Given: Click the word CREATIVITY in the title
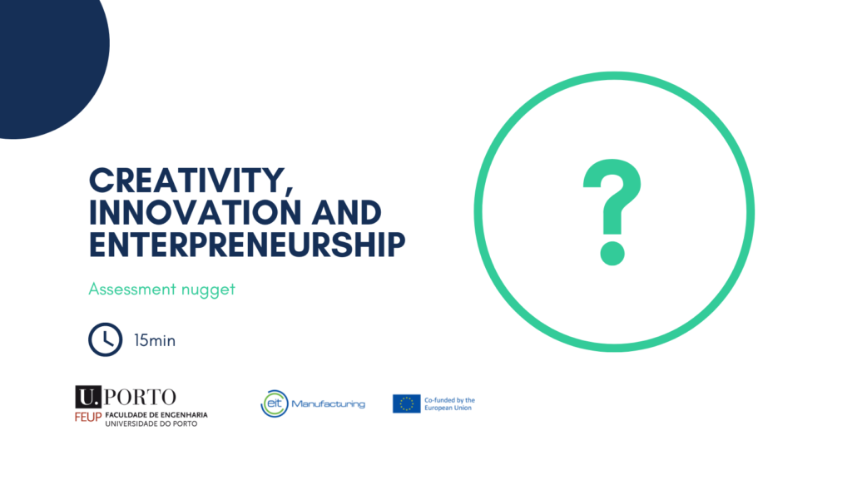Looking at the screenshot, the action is pyautogui.click(x=187, y=181).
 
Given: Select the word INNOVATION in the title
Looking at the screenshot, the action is pyautogui.click(x=195, y=212).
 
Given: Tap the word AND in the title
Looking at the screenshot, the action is pyautogui.click(x=347, y=212).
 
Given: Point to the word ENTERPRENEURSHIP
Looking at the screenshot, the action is pyautogui.click(x=247, y=244).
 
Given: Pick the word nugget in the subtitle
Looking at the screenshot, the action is pyautogui.click(x=208, y=290).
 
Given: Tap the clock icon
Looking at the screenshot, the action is pyautogui.click(x=106, y=340).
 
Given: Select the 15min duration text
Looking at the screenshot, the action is pyautogui.click(x=155, y=340).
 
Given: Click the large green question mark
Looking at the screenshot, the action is pyautogui.click(x=612, y=212).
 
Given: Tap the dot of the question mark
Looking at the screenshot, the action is pyautogui.click(x=612, y=254).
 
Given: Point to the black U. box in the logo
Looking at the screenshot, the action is pyautogui.click(x=88, y=397).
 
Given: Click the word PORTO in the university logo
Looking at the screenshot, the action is pyautogui.click(x=140, y=397).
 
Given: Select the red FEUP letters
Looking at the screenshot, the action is pyautogui.click(x=88, y=418).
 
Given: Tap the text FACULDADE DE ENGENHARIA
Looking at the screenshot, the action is pyautogui.click(x=156, y=415).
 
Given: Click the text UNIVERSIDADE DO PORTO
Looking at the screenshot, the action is pyautogui.click(x=151, y=423).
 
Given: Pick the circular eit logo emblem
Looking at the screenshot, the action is pyautogui.click(x=275, y=403).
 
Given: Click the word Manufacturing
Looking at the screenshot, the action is pyautogui.click(x=328, y=404).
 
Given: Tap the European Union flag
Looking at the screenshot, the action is pyautogui.click(x=406, y=403).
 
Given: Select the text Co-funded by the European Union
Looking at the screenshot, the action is pyautogui.click(x=449, y=404).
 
